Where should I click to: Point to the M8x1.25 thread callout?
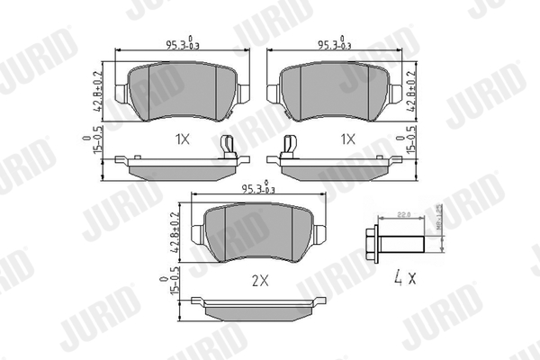pos(440,219)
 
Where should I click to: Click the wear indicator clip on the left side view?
pos(229,147)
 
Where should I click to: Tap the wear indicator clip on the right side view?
pos(290,147)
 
